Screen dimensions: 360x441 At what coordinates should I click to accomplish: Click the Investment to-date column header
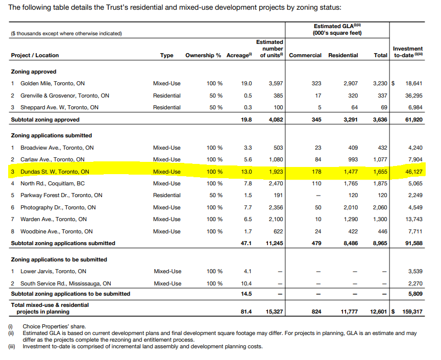[408, 52]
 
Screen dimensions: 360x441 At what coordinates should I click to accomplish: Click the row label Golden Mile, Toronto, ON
[53, 83]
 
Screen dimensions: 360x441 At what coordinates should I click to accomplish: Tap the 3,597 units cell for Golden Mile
[275, 83]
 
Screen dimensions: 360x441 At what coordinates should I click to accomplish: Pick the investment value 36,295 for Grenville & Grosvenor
[413, 95]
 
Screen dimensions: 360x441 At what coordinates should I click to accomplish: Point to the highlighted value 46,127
[413, 172]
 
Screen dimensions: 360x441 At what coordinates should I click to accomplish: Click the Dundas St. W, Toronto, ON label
[55, 172]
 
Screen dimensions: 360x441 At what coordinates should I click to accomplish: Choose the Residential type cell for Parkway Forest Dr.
[166, 195]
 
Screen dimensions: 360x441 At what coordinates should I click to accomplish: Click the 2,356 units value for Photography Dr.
[275, 207]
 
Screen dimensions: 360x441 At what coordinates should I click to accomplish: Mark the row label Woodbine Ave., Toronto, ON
[56, 231]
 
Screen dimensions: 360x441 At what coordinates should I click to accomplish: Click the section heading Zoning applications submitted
[51, 135]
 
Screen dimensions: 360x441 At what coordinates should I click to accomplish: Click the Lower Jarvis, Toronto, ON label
[53, 271]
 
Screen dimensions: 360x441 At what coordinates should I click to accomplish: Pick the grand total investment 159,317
[412, 311]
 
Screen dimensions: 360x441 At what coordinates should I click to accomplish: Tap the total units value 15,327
[274, 311]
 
